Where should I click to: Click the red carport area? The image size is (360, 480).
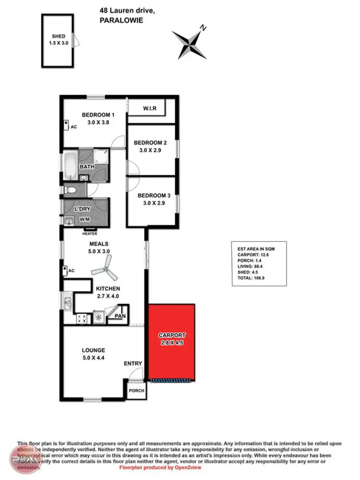(x=171, y=355)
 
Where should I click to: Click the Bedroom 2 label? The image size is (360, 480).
(x=150, y=143)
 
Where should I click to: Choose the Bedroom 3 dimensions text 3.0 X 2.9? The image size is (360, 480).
(x=154, y=204)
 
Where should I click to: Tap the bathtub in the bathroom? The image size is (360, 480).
(x=70, y=166)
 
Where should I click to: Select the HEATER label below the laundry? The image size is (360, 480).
(x=90, y=234)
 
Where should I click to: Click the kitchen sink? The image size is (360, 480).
(x=67, y=302)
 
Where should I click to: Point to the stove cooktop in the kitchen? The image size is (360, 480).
(x=81, y=317)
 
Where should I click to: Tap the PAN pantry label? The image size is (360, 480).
(x=120, y=316)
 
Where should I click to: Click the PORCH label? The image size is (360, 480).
(x=137, y=391)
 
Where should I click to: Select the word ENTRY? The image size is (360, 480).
(x=133, y=363)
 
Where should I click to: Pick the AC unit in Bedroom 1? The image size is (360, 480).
(x=66, y=126)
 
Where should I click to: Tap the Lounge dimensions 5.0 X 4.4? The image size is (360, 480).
(x=94, y=358)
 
